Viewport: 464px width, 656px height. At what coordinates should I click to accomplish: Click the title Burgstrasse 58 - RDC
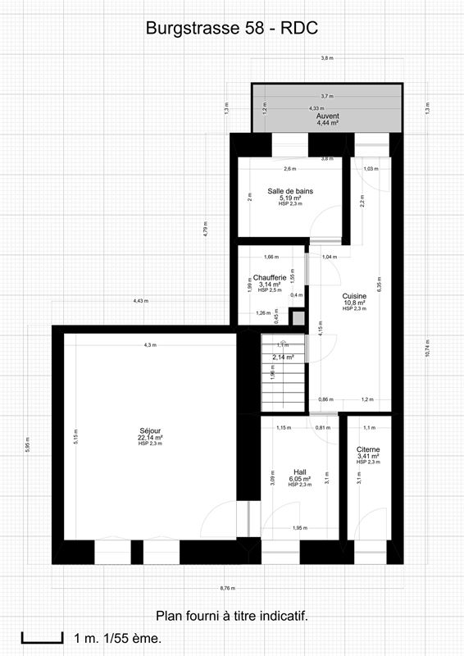tap(231, 29)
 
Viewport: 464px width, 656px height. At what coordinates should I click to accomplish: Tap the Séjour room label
tap(150, 430)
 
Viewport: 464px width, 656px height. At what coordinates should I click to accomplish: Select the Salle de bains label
tap(290, 191)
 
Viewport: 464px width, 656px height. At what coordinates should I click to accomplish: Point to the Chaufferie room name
tap(270, 277)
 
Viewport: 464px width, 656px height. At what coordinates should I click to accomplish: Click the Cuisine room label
tap(354, 295)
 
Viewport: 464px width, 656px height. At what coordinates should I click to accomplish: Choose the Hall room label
tap(300, 471)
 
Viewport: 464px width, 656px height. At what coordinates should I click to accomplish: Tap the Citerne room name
tap(368, 449)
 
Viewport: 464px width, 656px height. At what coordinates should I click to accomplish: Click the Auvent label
tap(327, 116)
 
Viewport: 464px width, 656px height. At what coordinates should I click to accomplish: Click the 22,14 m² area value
tap(150, 438)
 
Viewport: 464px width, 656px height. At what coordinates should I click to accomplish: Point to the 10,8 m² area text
tap(354, 302)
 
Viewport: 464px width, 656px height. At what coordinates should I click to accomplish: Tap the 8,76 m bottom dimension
tap(227, 587)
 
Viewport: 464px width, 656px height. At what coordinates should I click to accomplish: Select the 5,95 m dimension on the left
tap(28, 447)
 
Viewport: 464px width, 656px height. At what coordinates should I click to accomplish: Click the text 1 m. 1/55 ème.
tap(117, 638)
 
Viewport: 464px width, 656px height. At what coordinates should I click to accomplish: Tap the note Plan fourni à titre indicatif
tap(232, 615)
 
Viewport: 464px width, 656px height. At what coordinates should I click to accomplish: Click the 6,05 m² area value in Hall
tap(300, 479)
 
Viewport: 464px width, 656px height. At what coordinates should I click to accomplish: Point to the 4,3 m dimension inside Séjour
tap(149, 345)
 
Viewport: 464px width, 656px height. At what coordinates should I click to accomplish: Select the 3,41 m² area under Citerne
tap(368, 457)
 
